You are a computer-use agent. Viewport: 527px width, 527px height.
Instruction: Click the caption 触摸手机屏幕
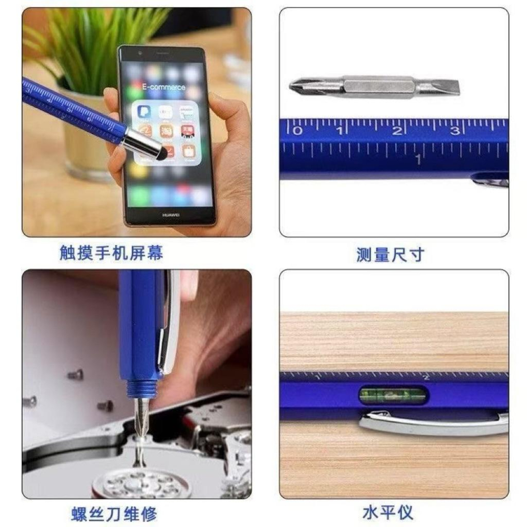coord(111,253)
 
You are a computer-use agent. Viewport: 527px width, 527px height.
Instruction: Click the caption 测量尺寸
coord(390,255)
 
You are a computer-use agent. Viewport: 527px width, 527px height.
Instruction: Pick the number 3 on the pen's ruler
coord(454,130)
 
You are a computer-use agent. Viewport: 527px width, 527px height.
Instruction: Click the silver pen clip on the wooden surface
coord(432,422)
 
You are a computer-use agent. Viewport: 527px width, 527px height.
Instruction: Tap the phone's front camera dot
coord(140,54)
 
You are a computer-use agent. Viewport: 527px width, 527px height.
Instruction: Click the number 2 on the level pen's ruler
coord(426,377)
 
